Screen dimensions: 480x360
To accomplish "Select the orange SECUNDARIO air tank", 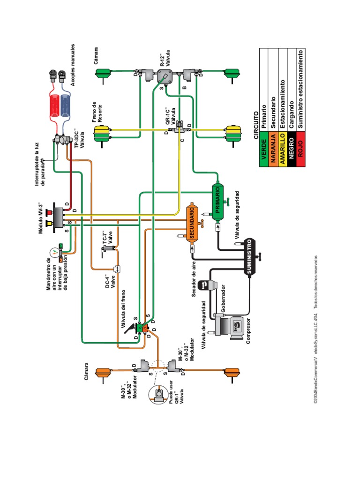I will pyautogui.click(x=193, y=222).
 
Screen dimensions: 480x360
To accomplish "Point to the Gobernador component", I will pyautogui.click(x=206, y=287).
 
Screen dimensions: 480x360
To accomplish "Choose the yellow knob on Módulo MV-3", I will pyautogui.click(x=52, y=228).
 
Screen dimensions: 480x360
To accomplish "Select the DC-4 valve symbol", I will pyautogui.click(x=116, y=269).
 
